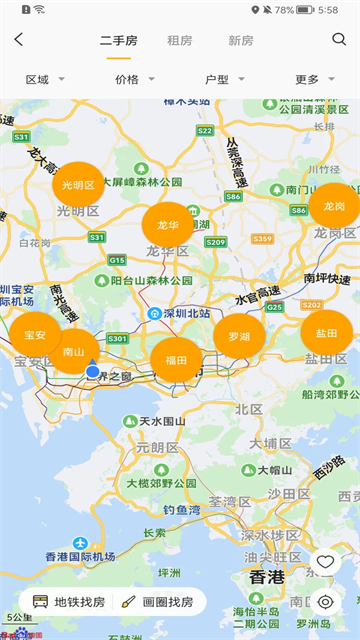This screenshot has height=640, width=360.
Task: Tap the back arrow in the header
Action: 19,40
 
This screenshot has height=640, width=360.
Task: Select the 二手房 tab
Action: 118,41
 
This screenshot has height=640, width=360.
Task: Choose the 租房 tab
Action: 180,41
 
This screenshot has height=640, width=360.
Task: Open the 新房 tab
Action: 241,41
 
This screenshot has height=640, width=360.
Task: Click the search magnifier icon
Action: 339,40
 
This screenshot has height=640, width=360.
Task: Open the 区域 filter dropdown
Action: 45,79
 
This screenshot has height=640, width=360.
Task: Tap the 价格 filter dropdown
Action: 135,79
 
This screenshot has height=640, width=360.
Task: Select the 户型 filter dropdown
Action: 224,79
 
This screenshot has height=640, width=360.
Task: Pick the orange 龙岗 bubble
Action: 333,205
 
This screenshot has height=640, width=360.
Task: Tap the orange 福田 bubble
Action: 176,359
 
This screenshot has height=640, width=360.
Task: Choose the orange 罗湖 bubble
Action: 239,336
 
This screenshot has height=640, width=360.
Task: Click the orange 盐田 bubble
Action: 326,333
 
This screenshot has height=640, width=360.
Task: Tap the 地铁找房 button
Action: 69,602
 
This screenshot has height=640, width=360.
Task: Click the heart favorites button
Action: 325,563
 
